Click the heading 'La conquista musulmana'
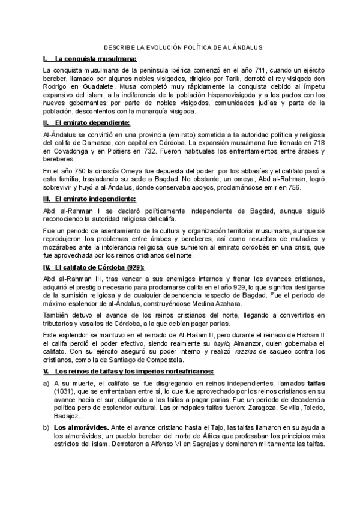point(96,59)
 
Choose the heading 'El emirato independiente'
point(95,198)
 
